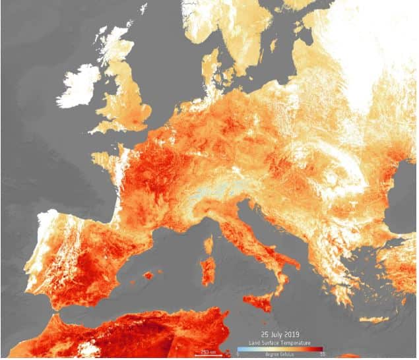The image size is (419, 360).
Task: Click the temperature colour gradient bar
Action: click(x=280, y=349)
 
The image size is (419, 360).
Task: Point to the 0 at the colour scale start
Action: click(x=238, y=355)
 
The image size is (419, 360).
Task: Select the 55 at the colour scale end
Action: click(x=323, y=355)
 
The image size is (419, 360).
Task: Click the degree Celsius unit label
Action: click(x=280, y=355)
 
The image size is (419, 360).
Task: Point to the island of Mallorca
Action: click(x=149, y=274)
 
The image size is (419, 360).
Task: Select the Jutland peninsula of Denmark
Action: click(x=210, y=66)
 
